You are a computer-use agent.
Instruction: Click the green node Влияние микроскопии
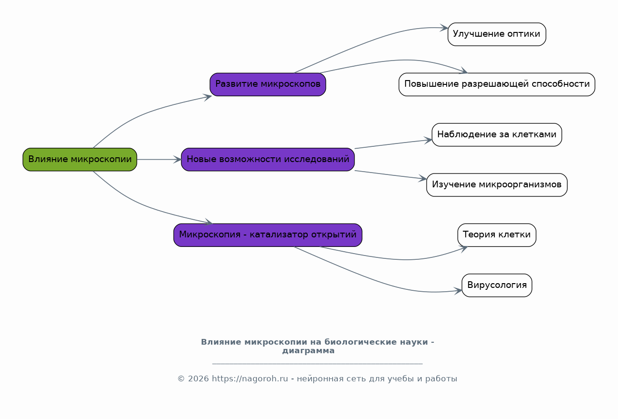click(80, 159)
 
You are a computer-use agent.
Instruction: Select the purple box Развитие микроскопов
click(268, 84)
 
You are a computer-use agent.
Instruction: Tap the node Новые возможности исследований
click(268, 159)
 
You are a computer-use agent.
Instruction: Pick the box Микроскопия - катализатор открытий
click(268, 235)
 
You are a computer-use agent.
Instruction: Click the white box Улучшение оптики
click(497, 34)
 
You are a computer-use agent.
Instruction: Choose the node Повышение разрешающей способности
click(497, 84)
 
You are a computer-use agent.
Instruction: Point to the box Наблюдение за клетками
click(497, 134)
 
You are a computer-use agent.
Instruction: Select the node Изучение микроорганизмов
click(497, 184)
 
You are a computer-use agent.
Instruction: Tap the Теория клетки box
click(497, 235)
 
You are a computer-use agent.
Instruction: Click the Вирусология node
click(497, 285)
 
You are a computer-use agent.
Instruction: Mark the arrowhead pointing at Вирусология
click(459, 291)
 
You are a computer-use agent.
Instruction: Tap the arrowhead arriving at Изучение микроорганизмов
click(423, 178)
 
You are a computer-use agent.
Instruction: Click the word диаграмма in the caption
click(308, 351)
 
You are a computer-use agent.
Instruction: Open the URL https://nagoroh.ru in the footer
click(250, 379)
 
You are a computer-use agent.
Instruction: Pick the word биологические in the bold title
click(376, 342)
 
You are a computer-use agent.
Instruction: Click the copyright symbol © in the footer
click(181, 379)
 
